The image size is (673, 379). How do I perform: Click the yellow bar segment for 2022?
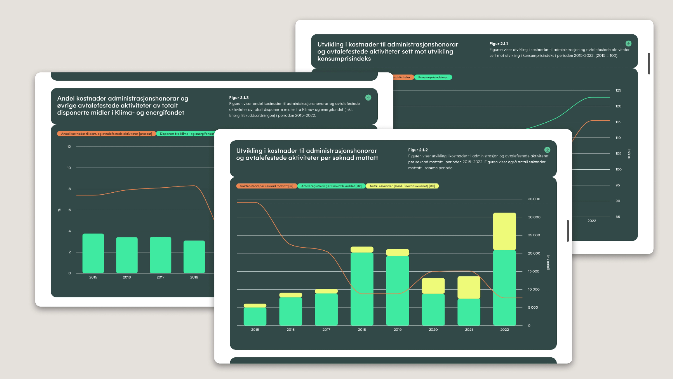(x=504, y=231)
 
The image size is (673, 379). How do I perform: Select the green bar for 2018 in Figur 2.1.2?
(x=362, y=289)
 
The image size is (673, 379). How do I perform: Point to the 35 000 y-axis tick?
(x=534, y=199)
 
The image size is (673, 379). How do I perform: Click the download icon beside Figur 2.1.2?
(x=547, y=150)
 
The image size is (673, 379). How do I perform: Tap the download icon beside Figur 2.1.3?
(x=368, y=97)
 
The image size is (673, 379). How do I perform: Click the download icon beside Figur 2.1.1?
(x=628, y=43)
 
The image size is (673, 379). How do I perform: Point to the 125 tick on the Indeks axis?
(x=618, y=90)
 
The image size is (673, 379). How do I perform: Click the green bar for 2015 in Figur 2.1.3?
(x=93, y=253)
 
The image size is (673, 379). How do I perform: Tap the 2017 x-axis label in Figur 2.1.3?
(x=160, y=277)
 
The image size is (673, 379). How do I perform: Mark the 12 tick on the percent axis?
(x=69, y=147)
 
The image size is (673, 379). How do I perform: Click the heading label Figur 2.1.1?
(x=498, y=44)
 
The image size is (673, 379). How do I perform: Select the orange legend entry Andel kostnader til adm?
(x=106, y=134)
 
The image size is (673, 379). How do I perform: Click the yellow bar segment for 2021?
(x=469, y=287)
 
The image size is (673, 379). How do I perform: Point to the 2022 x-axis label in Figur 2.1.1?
(x=591, y=221)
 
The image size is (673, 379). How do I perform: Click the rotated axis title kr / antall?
(x=548, y=262)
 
